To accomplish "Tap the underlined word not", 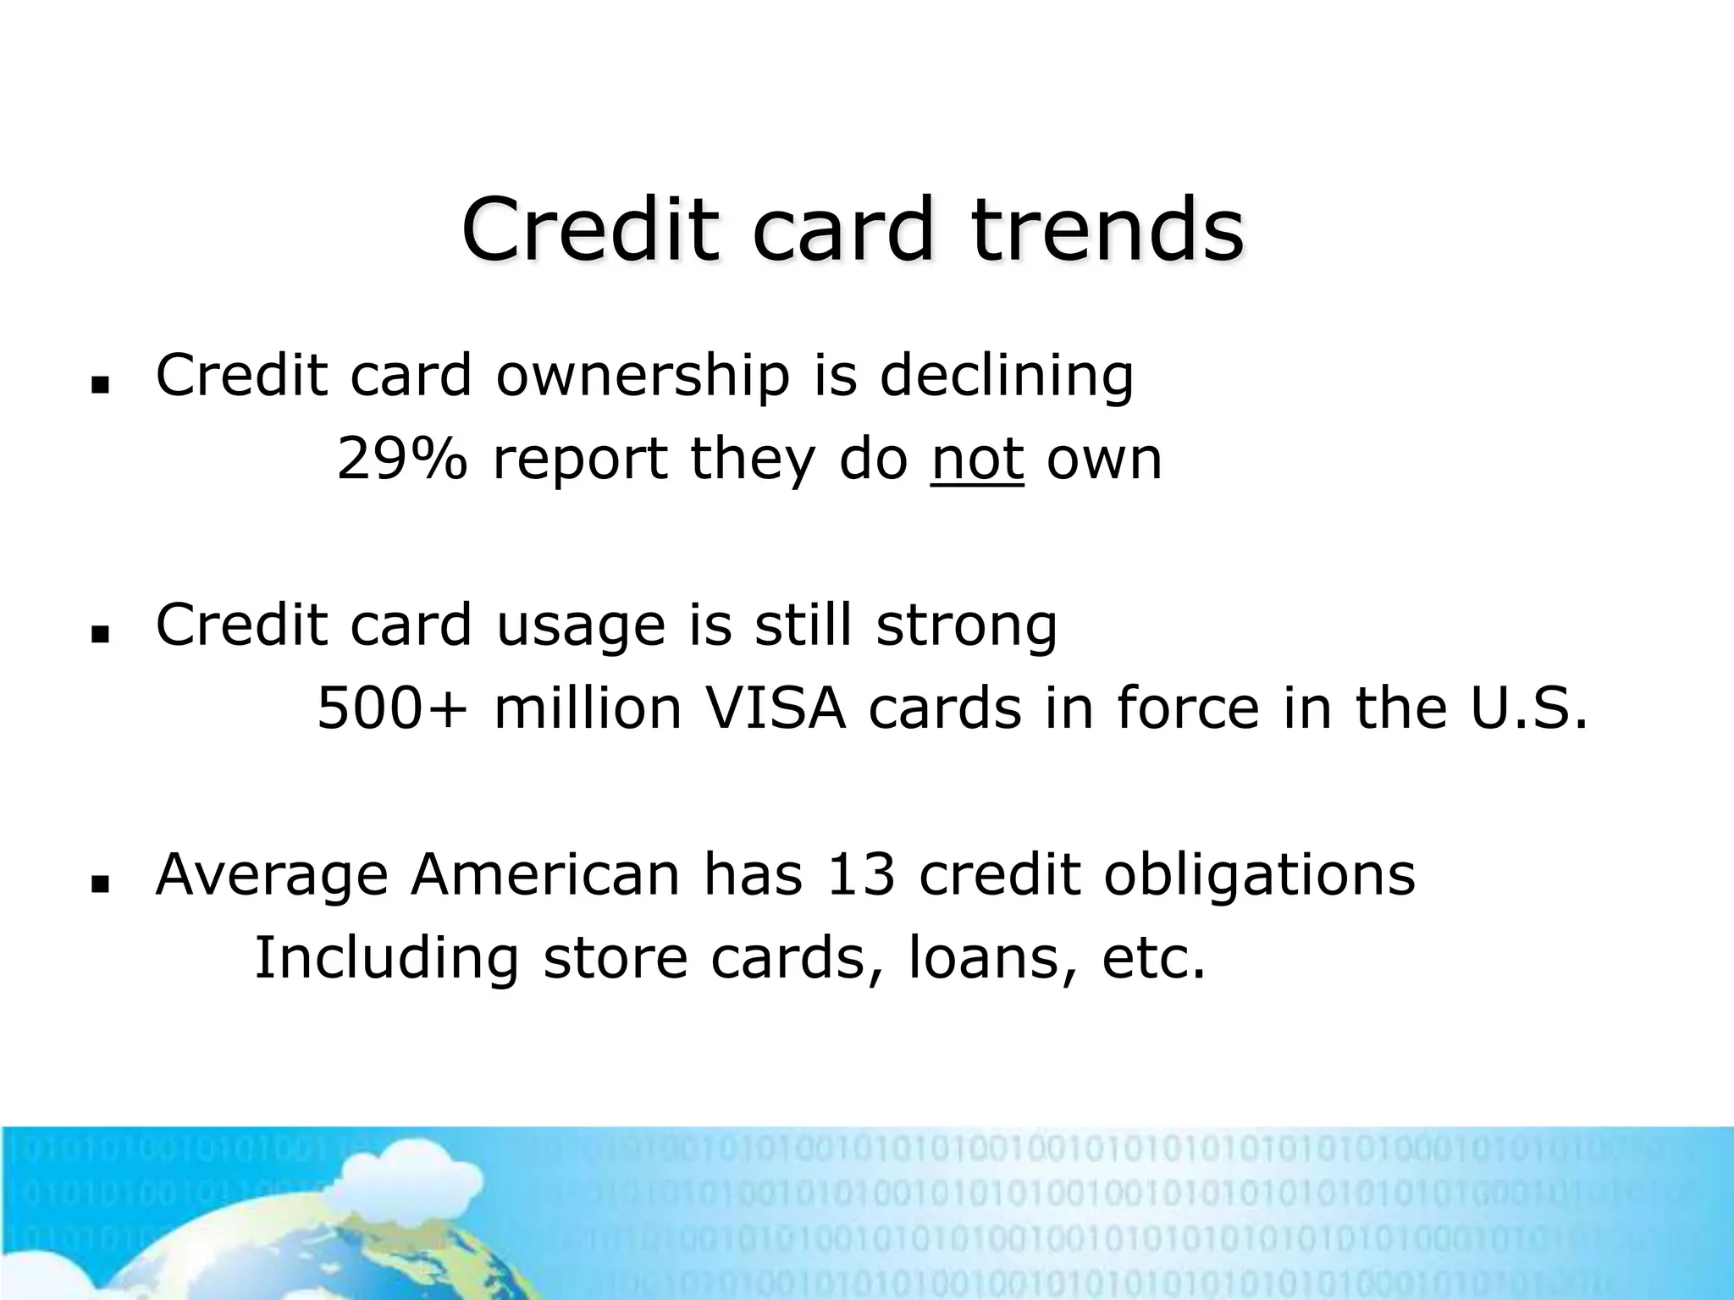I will tap(977, 459).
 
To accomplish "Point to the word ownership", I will tap(642, 376).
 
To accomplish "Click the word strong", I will tap(966, 626).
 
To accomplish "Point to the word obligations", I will tap(1259, 876).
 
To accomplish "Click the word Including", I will tap(386, 959).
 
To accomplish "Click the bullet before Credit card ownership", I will tap(101, 385).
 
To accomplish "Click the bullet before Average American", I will tap(101, 884).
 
